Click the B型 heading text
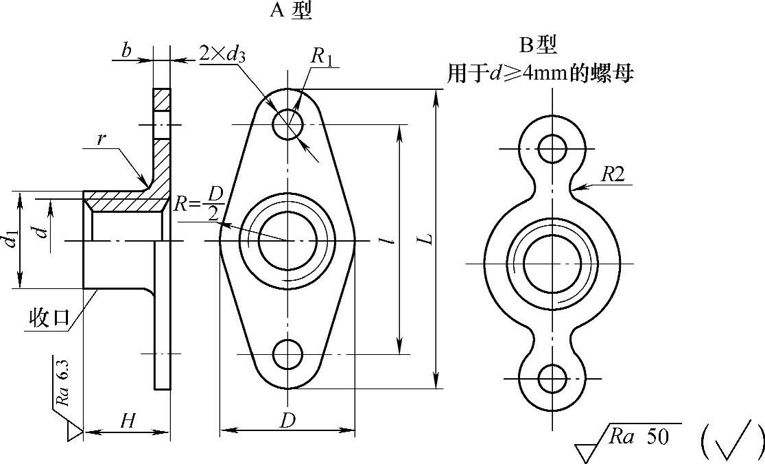coord(538,45)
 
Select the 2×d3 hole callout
coord(222,53)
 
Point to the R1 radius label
coord(322,56)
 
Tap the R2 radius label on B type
coord(613,174)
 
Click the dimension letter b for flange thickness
coord(126,50)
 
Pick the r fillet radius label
coord(101,139)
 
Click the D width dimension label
coord(287,420)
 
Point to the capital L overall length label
coord(427,239)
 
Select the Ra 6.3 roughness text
coord(63,383)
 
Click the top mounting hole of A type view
coord(287,124)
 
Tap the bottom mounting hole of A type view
coord(287,354)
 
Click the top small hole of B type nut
coord(552,148)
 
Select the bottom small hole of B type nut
coord(552,379)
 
